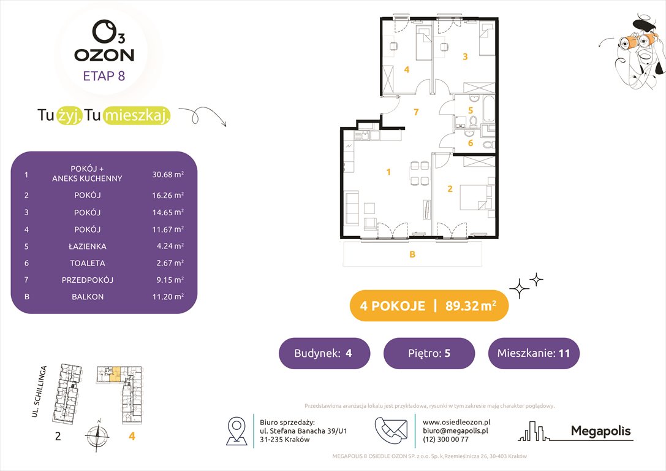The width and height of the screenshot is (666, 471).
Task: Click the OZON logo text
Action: pos(104,55)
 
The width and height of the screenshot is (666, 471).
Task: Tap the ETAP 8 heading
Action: pos(104,77)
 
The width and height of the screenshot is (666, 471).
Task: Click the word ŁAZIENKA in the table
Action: pos(88,246)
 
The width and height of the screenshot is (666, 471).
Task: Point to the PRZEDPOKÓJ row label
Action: pos(88,280)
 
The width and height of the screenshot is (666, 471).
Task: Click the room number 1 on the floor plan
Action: pos(388,172)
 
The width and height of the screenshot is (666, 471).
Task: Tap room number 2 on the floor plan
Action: pos(450,189)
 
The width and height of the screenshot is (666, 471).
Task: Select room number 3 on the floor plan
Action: pos(465,57)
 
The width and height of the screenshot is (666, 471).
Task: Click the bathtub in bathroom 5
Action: pos(488,108)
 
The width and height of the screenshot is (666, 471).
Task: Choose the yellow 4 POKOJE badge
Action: pos(428,306)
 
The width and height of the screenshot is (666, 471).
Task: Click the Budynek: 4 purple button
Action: pos(324,353)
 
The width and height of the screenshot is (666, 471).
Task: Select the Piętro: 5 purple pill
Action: pos(429,353)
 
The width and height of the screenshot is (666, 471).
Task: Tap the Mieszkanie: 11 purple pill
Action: pos(533,353)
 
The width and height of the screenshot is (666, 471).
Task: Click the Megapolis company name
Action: pos(600,431)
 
